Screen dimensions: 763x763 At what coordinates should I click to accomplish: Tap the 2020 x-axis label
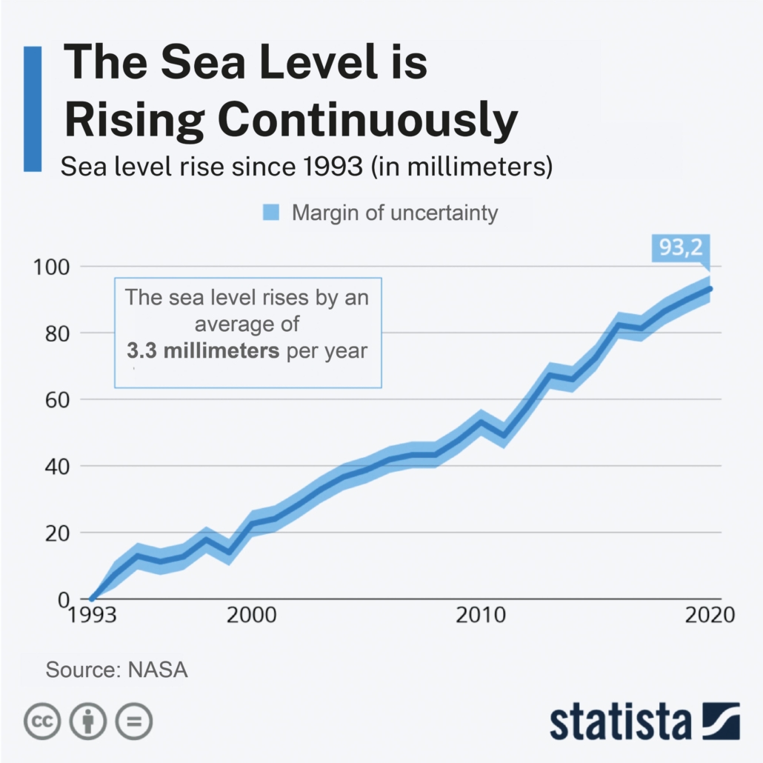click(709, 616)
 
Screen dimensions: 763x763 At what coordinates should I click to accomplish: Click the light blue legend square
click(272, 213)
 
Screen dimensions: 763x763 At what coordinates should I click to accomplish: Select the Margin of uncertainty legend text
click(395, 213)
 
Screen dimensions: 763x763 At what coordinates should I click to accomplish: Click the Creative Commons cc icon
click(42, 720)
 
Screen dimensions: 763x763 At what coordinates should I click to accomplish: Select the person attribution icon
click(88, 720)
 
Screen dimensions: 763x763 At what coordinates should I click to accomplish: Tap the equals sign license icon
click(133, 720)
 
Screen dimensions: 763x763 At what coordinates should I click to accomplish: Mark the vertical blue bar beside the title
click(33, 108)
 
